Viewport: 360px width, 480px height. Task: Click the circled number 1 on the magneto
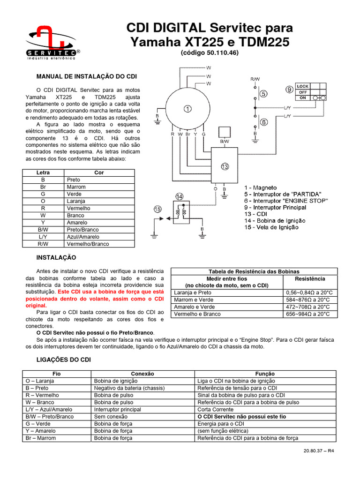pos(188,109)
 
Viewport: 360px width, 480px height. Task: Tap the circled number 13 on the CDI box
pos(225,167)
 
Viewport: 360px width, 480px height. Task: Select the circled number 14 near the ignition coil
pos(180,196)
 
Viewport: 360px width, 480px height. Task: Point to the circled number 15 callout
pos(157,209)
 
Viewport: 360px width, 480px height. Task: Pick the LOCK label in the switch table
pos(303,87)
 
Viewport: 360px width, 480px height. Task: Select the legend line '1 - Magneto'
pos(261,187)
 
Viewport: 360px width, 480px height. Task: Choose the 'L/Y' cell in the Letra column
pos(43,237)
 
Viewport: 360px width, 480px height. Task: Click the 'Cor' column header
pos(99,172)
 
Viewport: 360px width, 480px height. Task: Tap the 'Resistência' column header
pos(311,278)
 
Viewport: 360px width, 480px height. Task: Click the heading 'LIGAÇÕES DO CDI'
pos(63,360)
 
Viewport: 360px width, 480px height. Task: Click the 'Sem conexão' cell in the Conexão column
pos(111,416)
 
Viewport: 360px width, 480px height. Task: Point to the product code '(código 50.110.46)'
pos(210,53)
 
